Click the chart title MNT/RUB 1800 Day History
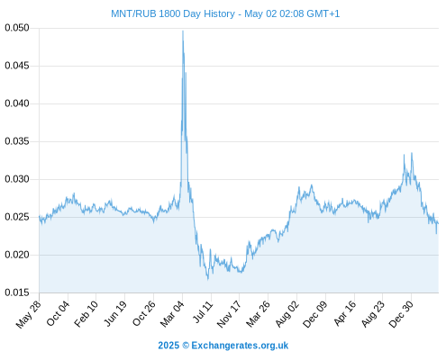point(173,13)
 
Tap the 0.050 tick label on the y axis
point(17,28)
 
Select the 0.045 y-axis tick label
point(17,66)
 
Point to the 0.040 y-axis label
point(17,103)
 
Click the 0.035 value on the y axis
point(17,141)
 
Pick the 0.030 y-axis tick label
point(17,179)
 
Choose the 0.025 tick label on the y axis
point(17,217)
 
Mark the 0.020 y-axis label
point(17,255)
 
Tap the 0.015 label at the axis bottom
point(17,292)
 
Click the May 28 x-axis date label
point(29,314)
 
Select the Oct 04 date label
point(58,313)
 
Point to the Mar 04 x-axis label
point(172,314)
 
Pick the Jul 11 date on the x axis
point(204,312)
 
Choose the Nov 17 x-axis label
point(229,314)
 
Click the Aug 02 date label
point(287,314)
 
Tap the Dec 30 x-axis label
point(401,314)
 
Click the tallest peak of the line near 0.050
point(183,31)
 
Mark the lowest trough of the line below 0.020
point(208,280)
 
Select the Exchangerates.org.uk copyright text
point(223,346)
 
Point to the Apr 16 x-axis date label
point(345,313)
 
